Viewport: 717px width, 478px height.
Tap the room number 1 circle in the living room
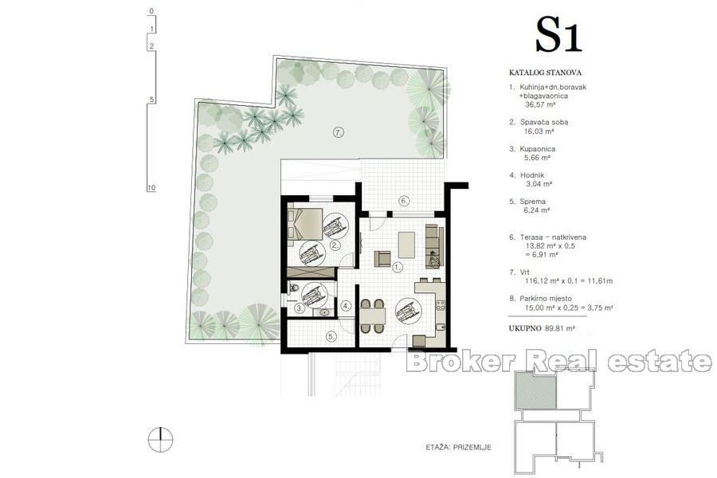coord(397,268)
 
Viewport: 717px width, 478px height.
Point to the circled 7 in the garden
coord(338,133)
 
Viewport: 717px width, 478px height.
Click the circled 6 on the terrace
coord(405,200)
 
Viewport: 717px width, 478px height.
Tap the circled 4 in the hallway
coord(346,305)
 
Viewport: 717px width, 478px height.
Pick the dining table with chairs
coord(371,315)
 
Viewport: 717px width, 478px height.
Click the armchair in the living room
coord(383,258)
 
